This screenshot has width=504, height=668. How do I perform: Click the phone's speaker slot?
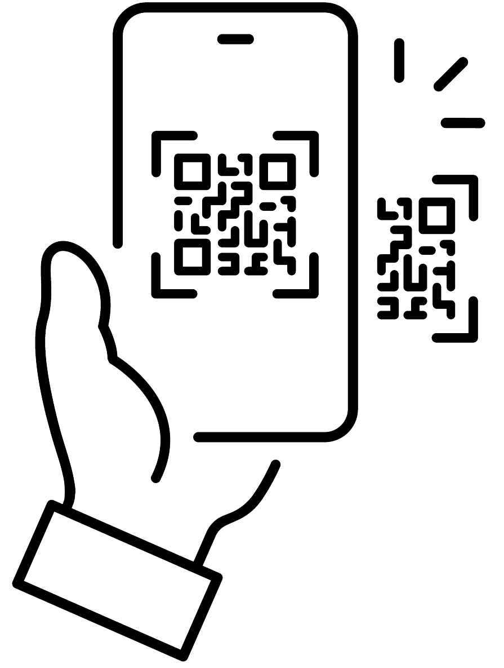(235, 39)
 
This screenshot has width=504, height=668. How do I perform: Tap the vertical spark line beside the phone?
(399, 61)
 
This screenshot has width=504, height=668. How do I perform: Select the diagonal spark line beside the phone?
(451, 74)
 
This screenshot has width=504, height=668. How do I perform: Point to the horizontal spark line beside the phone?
(462, 123)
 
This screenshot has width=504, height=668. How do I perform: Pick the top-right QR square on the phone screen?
(278, 171)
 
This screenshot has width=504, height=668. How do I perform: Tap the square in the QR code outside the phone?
(437, 215)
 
